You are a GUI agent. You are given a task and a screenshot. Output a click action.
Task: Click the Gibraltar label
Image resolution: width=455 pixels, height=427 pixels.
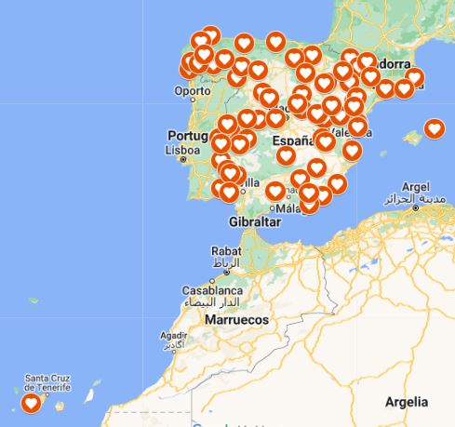point(254,222)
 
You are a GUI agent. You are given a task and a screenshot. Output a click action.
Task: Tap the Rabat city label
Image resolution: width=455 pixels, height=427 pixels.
point(226,251)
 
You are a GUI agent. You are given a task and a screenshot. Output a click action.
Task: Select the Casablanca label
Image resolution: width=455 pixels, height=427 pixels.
point(212,290)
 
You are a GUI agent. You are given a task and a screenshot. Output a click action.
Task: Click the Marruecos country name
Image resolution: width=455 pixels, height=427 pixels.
point(234,319)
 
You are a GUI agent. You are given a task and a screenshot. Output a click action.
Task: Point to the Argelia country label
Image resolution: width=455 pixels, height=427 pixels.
point(408,402)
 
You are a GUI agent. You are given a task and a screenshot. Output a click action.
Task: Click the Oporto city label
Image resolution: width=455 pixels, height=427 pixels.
point(193,91)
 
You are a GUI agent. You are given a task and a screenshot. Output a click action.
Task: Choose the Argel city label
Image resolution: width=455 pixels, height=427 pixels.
point(415,186)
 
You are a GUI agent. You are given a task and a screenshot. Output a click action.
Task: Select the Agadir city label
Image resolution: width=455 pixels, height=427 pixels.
point(175,335)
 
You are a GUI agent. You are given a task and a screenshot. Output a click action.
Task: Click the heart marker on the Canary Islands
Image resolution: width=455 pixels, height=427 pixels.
point(31,404)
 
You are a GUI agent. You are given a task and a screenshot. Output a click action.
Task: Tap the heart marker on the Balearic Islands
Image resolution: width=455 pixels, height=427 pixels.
point(434,129)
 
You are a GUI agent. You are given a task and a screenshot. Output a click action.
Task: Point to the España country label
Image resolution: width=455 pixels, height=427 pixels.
point(293,141)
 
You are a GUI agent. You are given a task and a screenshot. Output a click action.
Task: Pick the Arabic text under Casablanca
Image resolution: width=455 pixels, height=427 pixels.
point(212,303)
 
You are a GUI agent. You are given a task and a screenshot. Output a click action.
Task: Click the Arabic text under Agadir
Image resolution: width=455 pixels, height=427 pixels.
point(173,346)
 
